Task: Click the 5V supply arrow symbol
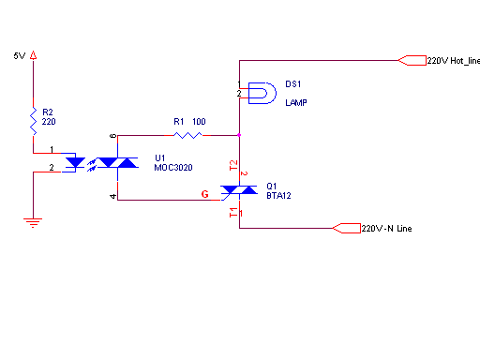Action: pos(33,55)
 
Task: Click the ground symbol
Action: pos(33,223)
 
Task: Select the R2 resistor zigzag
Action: pos(33,121)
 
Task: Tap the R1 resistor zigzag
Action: pos(187,135)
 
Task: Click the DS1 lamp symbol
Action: pos(262,93)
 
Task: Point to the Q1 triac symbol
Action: pos(239,190)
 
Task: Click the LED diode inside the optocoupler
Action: pos(75,162)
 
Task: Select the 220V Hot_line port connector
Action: pos(412,60)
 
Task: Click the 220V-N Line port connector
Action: pos(347,228)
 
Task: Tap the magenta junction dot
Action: pos(239,135)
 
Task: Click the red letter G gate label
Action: pos(205,194)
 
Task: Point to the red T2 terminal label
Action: pos(233,165)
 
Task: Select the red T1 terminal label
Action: pos(233,213)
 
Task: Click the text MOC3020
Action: pos(173,168)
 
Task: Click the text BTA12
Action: pos(278,196)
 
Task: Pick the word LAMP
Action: pos(296,103)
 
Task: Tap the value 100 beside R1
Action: pos(199,122)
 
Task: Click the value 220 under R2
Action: pos(49,122)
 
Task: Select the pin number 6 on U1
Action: pos(113,136)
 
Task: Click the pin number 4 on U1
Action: pos(113,196)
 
